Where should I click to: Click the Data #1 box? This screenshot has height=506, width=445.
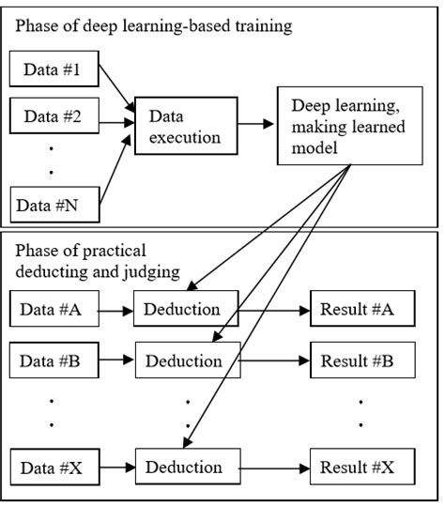[54, 69]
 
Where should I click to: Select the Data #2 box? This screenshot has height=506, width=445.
[54, 118]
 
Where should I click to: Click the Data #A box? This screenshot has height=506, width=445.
[54, 309]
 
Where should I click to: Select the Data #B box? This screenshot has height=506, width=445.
[54, 360]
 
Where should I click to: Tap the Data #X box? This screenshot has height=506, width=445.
[54, 467]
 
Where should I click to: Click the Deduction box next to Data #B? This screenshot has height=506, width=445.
[189, 360]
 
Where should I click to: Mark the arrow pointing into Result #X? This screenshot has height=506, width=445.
[274, 467]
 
